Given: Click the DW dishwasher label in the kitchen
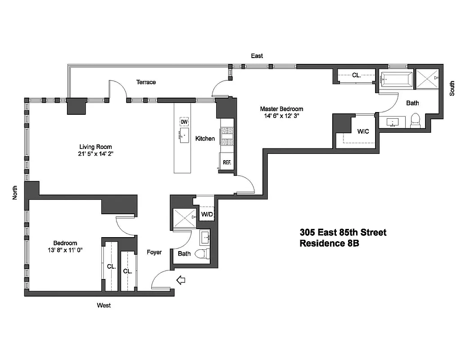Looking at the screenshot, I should click(x=184, y=122).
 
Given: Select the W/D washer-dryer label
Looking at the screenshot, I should click(x=207, y=214).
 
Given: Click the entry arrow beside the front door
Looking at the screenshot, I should click(x=181, y=281).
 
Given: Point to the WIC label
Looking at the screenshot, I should click(x=363, y=132).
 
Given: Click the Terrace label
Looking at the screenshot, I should click(x=146, y=82).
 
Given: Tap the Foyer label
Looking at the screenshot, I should click(x=154, y=252).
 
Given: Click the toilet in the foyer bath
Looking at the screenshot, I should click(x=204, y=253).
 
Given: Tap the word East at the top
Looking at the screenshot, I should click(x=257, y=56).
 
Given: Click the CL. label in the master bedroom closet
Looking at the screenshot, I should click(x=356, y=76).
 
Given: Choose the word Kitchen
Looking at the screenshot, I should click(x=205, y=139).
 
